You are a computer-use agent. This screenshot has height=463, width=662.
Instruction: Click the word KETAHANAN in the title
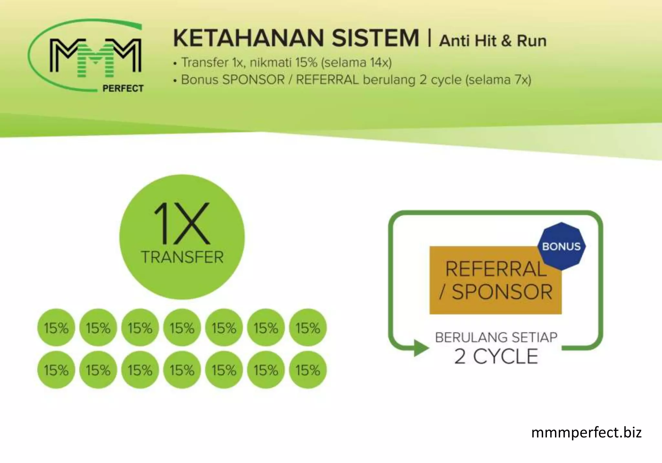tap(249, 38)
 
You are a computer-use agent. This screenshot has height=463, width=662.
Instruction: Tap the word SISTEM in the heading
tap(375, 38)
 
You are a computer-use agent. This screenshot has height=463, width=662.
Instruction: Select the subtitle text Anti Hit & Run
tap(493, 41)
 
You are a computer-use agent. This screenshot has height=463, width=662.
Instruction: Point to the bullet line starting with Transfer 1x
tap(283, 62)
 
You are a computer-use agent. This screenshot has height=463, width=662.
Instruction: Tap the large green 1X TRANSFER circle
tap(182, 237)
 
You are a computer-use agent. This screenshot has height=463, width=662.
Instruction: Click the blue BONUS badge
tap(561, 246)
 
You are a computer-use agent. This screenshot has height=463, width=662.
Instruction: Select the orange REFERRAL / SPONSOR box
tap(495, 280)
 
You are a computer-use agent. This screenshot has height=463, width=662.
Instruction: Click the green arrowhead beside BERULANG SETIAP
tap(421, 348)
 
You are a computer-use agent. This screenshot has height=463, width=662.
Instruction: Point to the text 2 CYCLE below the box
tap(496, 356)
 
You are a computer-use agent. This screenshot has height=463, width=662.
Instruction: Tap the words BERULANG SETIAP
tap(496, 337)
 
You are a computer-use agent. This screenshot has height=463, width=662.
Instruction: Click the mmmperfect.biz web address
tap(586, 432)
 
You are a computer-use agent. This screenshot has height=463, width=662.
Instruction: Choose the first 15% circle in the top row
tap(56, 328)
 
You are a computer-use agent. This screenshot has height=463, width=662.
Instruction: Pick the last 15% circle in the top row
tap(308, 328)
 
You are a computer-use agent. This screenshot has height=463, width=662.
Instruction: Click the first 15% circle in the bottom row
tap(56, 370)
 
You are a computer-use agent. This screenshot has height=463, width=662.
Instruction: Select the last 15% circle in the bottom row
tap(308, 370)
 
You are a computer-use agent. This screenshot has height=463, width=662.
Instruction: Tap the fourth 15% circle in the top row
tap(182, 328)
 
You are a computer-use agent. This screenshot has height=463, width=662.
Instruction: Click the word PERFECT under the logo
tap(123, 88)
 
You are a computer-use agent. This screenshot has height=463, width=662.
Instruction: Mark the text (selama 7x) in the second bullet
tap(498, 80)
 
